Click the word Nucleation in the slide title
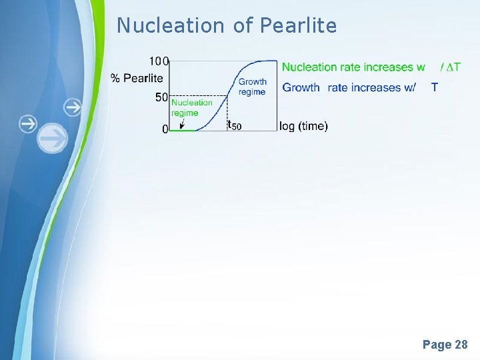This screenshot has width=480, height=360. click(171, 25)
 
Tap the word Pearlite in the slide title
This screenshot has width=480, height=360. click(298, 25)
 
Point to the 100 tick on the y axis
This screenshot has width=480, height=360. click(159, 61)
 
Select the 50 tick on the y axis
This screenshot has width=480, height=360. click(161, 97)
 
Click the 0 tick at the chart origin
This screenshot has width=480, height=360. click(165, 130)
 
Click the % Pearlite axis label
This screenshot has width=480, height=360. click(137, 79)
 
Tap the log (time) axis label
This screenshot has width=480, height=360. click(303, 126)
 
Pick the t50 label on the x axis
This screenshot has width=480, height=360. click(234, 125)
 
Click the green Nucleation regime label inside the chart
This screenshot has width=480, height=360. click(191, 107)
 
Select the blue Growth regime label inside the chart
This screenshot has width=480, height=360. click(253, 87)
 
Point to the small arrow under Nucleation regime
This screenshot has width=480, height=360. click(183, 123)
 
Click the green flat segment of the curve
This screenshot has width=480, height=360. click(181, 130)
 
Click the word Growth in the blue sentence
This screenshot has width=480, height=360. click(301, 87)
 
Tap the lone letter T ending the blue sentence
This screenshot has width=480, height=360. click(435, 87)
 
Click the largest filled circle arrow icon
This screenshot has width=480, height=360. click(53, 139)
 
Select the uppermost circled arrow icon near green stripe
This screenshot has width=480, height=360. click(73, 107)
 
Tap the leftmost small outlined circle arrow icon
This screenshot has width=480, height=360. click(27, 124)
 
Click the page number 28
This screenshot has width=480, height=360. click(460, 345)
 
